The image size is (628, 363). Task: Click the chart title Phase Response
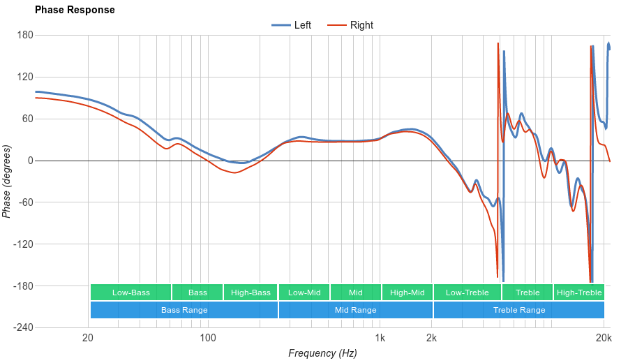click(75, 10)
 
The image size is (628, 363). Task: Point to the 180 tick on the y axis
click(25, 35)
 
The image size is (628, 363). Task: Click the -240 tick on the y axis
click(23, 327)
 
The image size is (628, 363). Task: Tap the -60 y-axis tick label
click(25, 202)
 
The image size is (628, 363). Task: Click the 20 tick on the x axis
click(88, 339)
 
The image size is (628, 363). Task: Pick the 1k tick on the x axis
click(380, 339)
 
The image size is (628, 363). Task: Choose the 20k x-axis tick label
click(604, 339)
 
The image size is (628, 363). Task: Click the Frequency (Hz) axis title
click(322, 353)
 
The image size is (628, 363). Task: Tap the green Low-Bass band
click(130, 292)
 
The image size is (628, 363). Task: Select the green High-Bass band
click(251, 292)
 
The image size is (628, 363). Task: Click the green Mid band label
click(356, 292)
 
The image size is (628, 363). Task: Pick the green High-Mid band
click(408, 292)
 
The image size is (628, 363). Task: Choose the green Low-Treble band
click(467, 292)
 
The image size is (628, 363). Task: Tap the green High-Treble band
click(579, 292)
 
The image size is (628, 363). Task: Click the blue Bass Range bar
click(184, 310)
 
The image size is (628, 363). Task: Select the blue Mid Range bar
click(356, 310)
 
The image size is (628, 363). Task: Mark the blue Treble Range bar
click(519, 310)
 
